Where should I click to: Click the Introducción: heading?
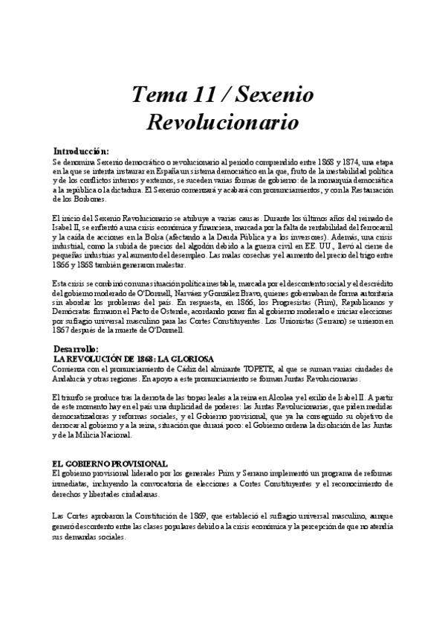coord(86,150)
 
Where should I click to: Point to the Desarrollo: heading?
coord(82,327)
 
